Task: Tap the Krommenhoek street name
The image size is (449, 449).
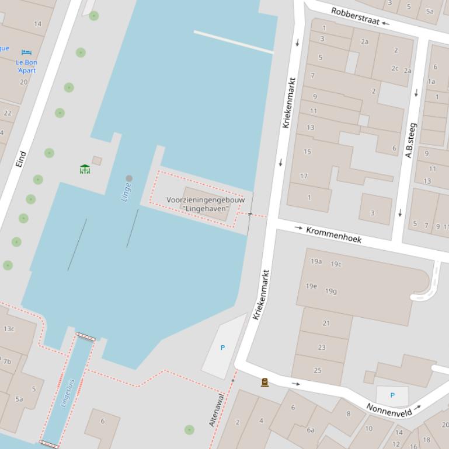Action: click(333, 234)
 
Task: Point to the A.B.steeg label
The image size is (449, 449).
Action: click(410, 140)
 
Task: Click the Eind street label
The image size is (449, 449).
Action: click(21, 160)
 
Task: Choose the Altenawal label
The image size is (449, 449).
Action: click(216, 409)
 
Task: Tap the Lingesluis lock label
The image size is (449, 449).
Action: click(68, 391)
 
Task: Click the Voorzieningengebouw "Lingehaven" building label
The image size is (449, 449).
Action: click(206, 204)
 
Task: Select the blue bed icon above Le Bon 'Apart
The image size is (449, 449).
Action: click(26, 52)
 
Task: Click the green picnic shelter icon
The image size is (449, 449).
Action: click(85, 169)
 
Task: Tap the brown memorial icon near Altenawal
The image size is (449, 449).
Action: click(264, 383)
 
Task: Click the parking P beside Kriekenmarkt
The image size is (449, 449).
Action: click(222, 348)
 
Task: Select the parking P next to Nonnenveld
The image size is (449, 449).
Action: click(392, 395)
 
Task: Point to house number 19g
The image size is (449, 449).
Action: click(331, 291)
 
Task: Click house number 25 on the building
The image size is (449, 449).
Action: click(318, 370)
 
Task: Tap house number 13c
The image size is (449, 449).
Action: click(9, 329)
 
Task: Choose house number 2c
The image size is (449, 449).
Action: click(395, 68)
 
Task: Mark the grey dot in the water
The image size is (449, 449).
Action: click(129, 178)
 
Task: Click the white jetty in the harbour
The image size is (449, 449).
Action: click(234, 42)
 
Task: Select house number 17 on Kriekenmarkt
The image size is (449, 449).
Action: click(304, 176)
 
